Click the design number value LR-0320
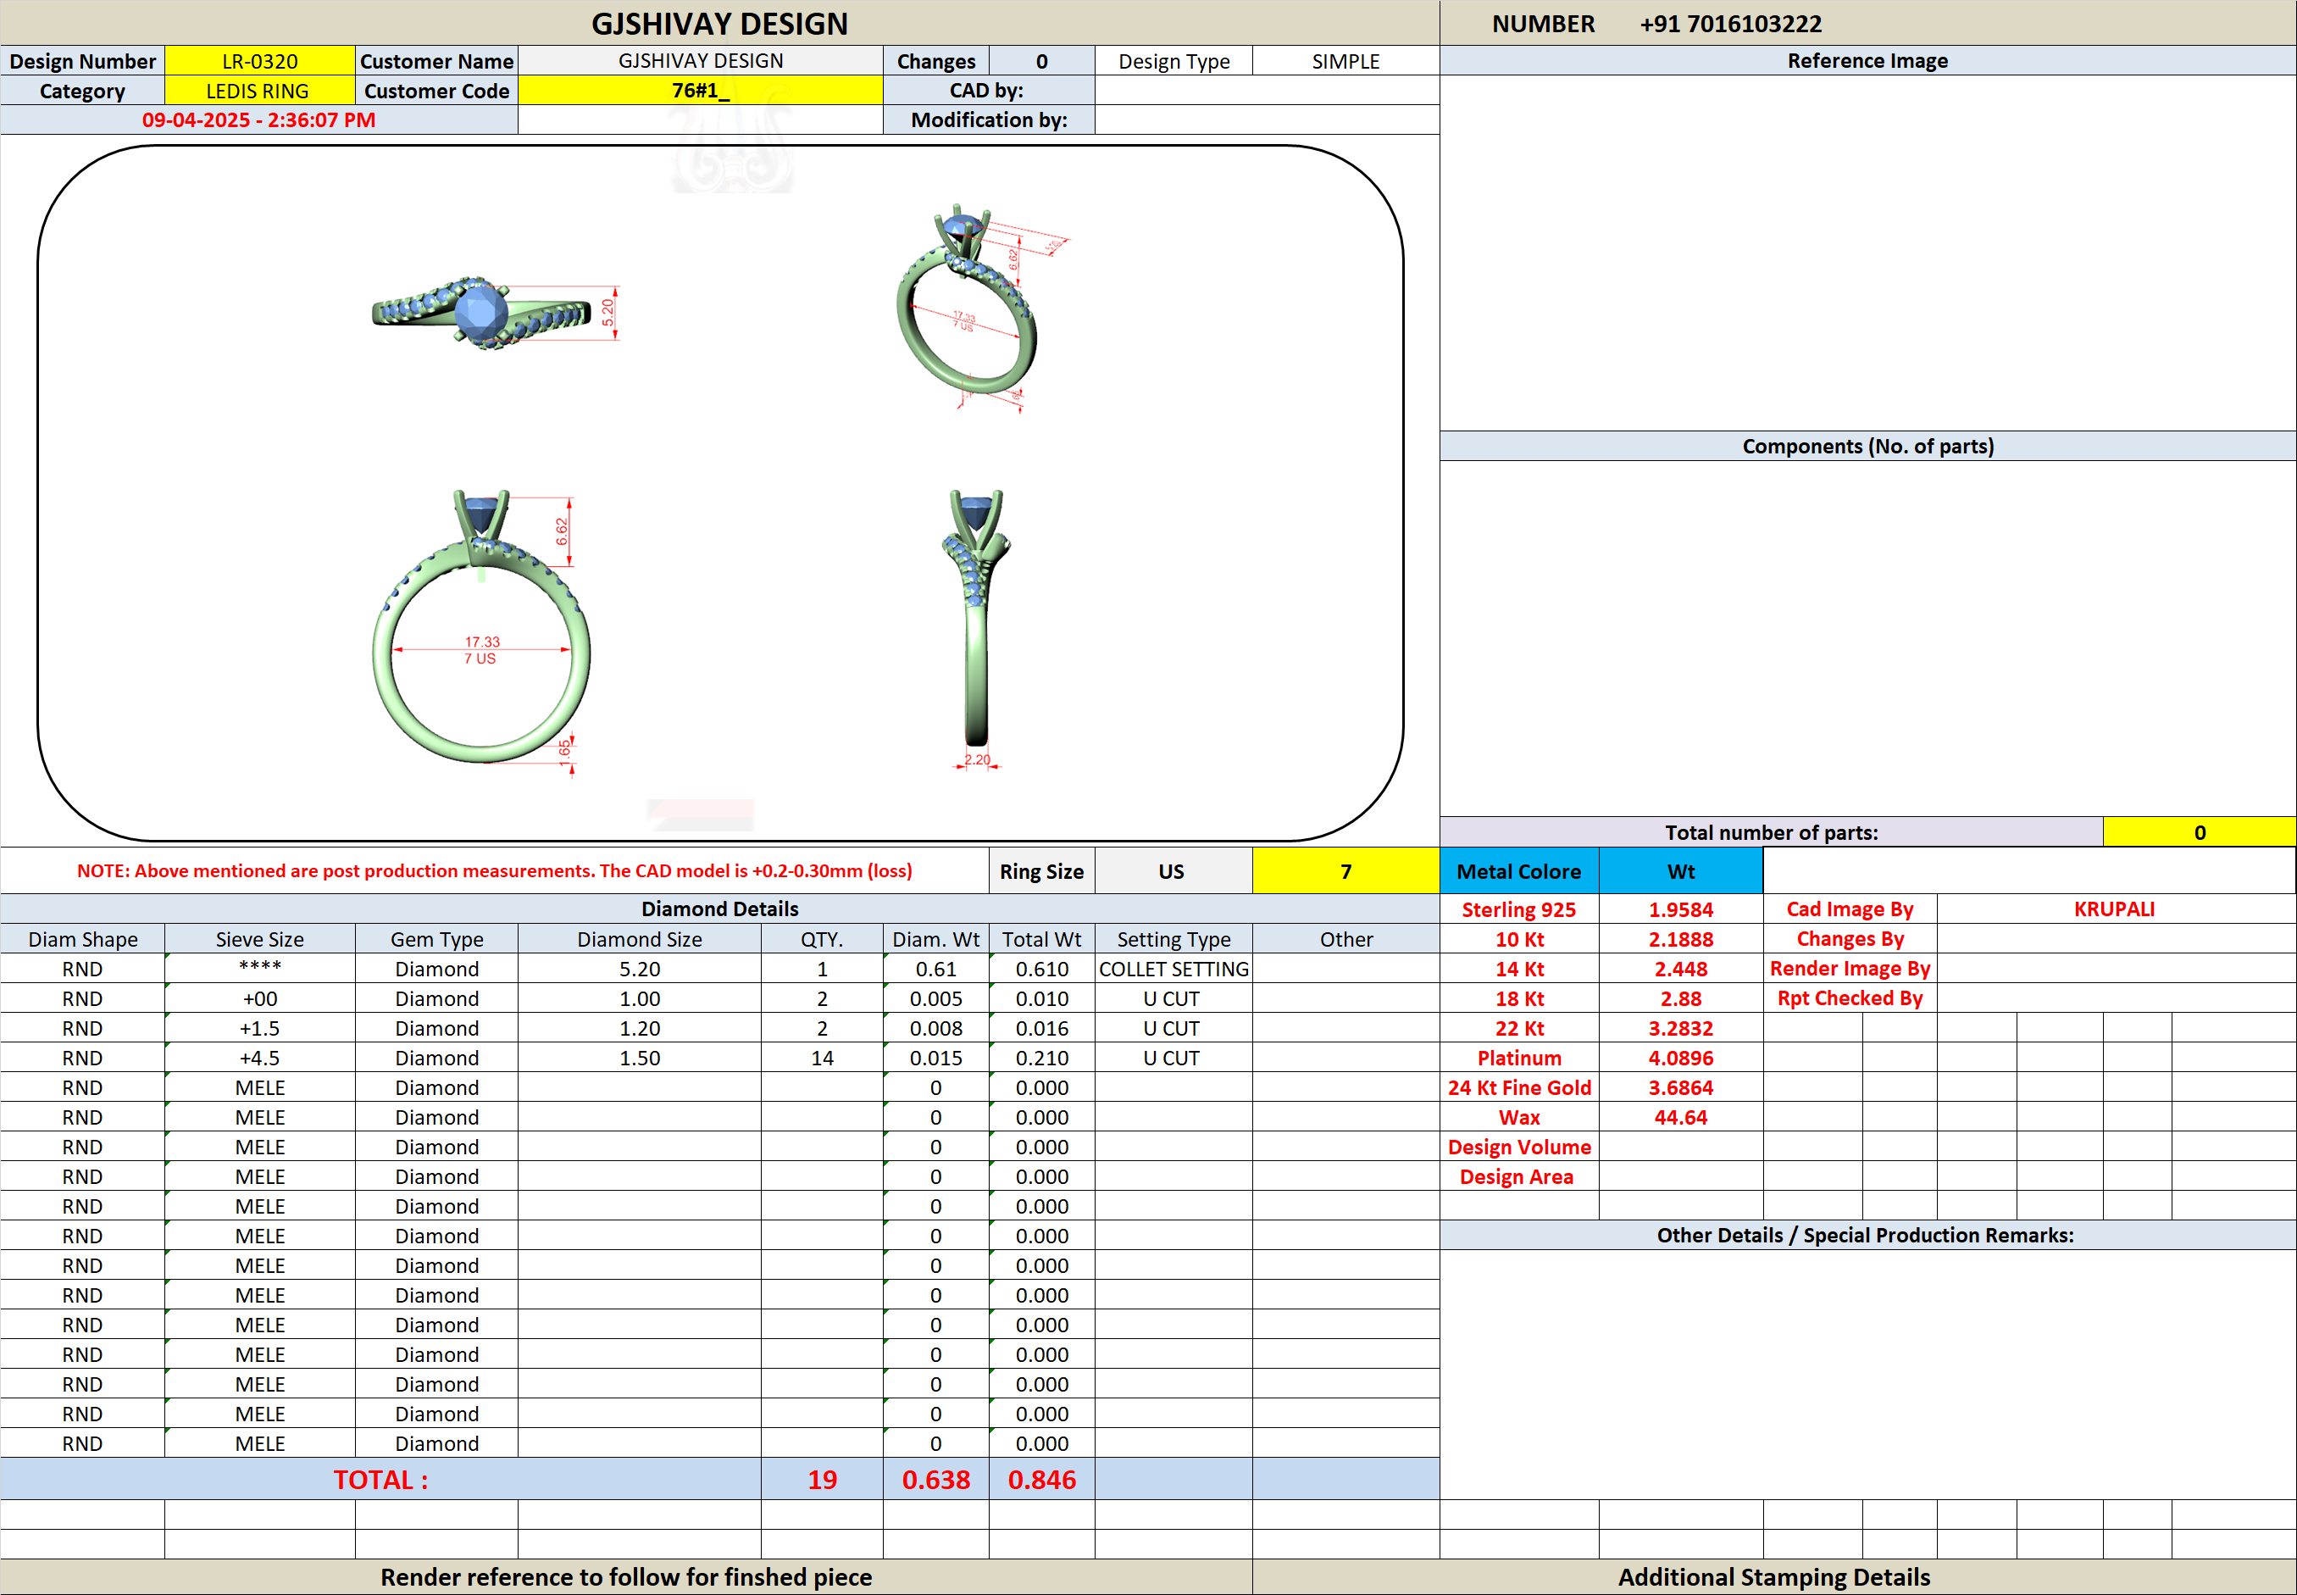(x=260, y=61)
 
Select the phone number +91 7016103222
(x=1730, y=24)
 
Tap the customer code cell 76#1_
(x=701, y=91)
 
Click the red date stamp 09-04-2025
(x=196, y=120)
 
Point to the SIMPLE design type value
(x=1345, y=61)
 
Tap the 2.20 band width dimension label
(x=977, y=759)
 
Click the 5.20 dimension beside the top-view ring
(x=608, y=313)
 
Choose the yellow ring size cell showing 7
(x=1345, y=870)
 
